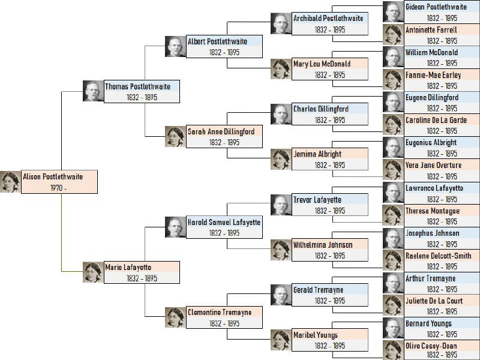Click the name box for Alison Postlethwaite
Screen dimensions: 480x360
(x=59, y=182)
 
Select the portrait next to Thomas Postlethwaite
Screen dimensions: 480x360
(x=94, y=91)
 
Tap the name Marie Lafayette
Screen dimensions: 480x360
(x=128, y=267)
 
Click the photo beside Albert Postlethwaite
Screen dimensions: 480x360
(x=175, y=47)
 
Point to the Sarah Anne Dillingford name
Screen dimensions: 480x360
(x=221, y=131)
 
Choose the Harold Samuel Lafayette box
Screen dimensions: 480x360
(x=224, y=227)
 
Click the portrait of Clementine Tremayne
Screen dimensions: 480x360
(x=175, y=317)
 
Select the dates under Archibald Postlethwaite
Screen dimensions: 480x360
(x=330, y=29)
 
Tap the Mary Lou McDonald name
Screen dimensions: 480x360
(x=322, y=64)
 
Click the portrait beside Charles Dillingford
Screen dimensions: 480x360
(x=281, y=114)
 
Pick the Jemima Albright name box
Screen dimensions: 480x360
(x=330, y=159)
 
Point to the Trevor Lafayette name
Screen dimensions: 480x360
(x=317, y=200)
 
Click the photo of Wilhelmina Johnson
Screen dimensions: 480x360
(x=281, y=250)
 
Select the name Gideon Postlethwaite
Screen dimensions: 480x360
(x=436, y=7)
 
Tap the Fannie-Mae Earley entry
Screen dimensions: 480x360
(x=442, y=80)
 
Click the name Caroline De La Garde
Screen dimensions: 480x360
(x=436, y=120)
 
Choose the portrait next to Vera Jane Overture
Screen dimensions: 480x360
(x=394, y=170)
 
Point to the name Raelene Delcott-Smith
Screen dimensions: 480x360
(x=439, y=256)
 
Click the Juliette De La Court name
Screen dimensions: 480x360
(x=434, y=301)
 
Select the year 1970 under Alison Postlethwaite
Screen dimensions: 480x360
(x=56, y=188)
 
